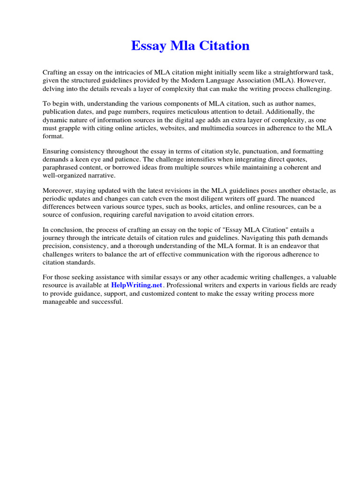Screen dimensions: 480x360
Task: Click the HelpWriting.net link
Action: point(136,285)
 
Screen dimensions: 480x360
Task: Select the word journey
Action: point(55,238)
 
